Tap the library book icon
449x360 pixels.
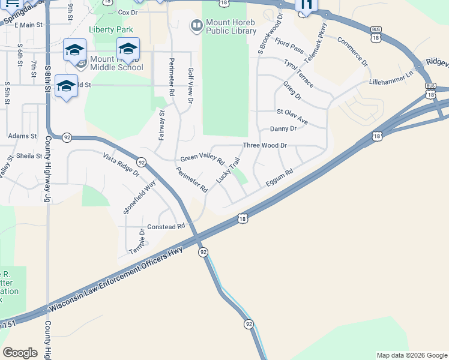[196, 26]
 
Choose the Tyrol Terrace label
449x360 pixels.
[299, 67]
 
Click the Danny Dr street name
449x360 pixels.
[283, 128]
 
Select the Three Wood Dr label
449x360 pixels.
[265, 145]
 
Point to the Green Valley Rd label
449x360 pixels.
[202, 160]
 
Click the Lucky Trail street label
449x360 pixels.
[229, 170]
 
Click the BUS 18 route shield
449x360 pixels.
[376, 33]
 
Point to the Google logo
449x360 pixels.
[20, 353]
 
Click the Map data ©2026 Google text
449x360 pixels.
[411, 355]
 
